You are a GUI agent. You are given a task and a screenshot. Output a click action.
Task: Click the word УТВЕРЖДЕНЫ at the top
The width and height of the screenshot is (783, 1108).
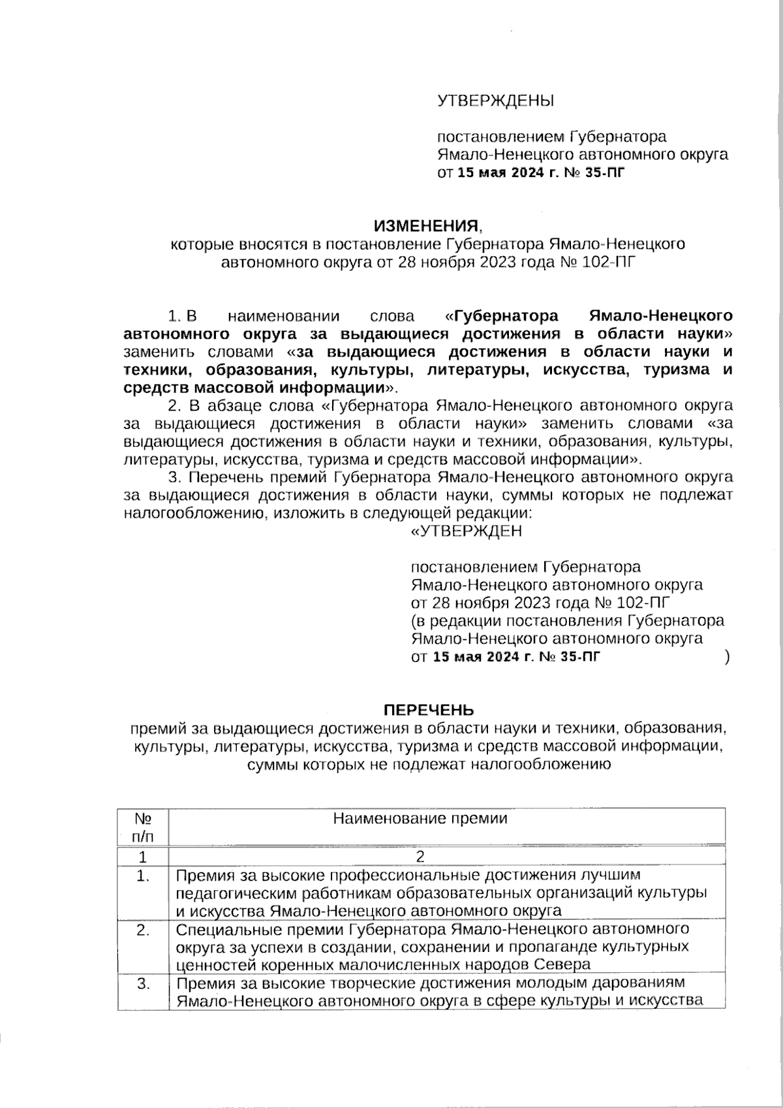pos(495,101)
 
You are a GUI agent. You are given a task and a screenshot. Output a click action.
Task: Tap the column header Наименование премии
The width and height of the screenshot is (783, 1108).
pos(420,819)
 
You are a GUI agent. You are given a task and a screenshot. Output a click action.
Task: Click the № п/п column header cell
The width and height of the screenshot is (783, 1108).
pos(143,827)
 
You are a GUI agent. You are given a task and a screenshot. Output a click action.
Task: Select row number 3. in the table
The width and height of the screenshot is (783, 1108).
pos(144,983)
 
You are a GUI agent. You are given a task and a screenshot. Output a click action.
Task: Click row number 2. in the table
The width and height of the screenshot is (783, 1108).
pos(144,930)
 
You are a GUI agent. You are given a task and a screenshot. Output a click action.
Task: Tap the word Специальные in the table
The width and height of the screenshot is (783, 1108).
pos(216,929)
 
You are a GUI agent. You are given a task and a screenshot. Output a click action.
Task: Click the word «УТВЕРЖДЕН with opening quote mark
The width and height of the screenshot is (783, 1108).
pos(465,531)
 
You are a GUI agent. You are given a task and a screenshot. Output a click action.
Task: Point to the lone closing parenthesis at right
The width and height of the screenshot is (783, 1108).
pos(727,657)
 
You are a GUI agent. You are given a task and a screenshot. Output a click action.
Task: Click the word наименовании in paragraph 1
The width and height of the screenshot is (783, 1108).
pos(284,317)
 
